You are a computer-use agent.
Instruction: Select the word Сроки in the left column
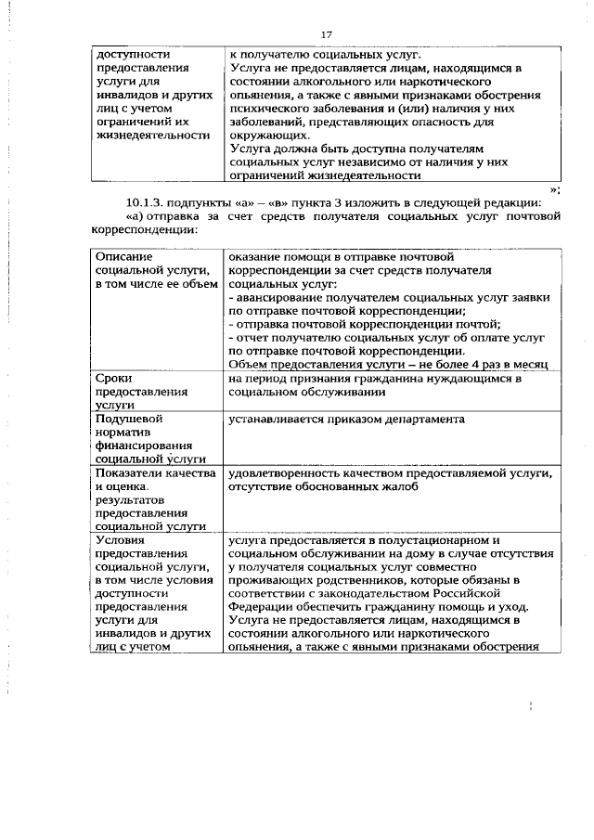116,378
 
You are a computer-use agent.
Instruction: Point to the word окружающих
268,134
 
